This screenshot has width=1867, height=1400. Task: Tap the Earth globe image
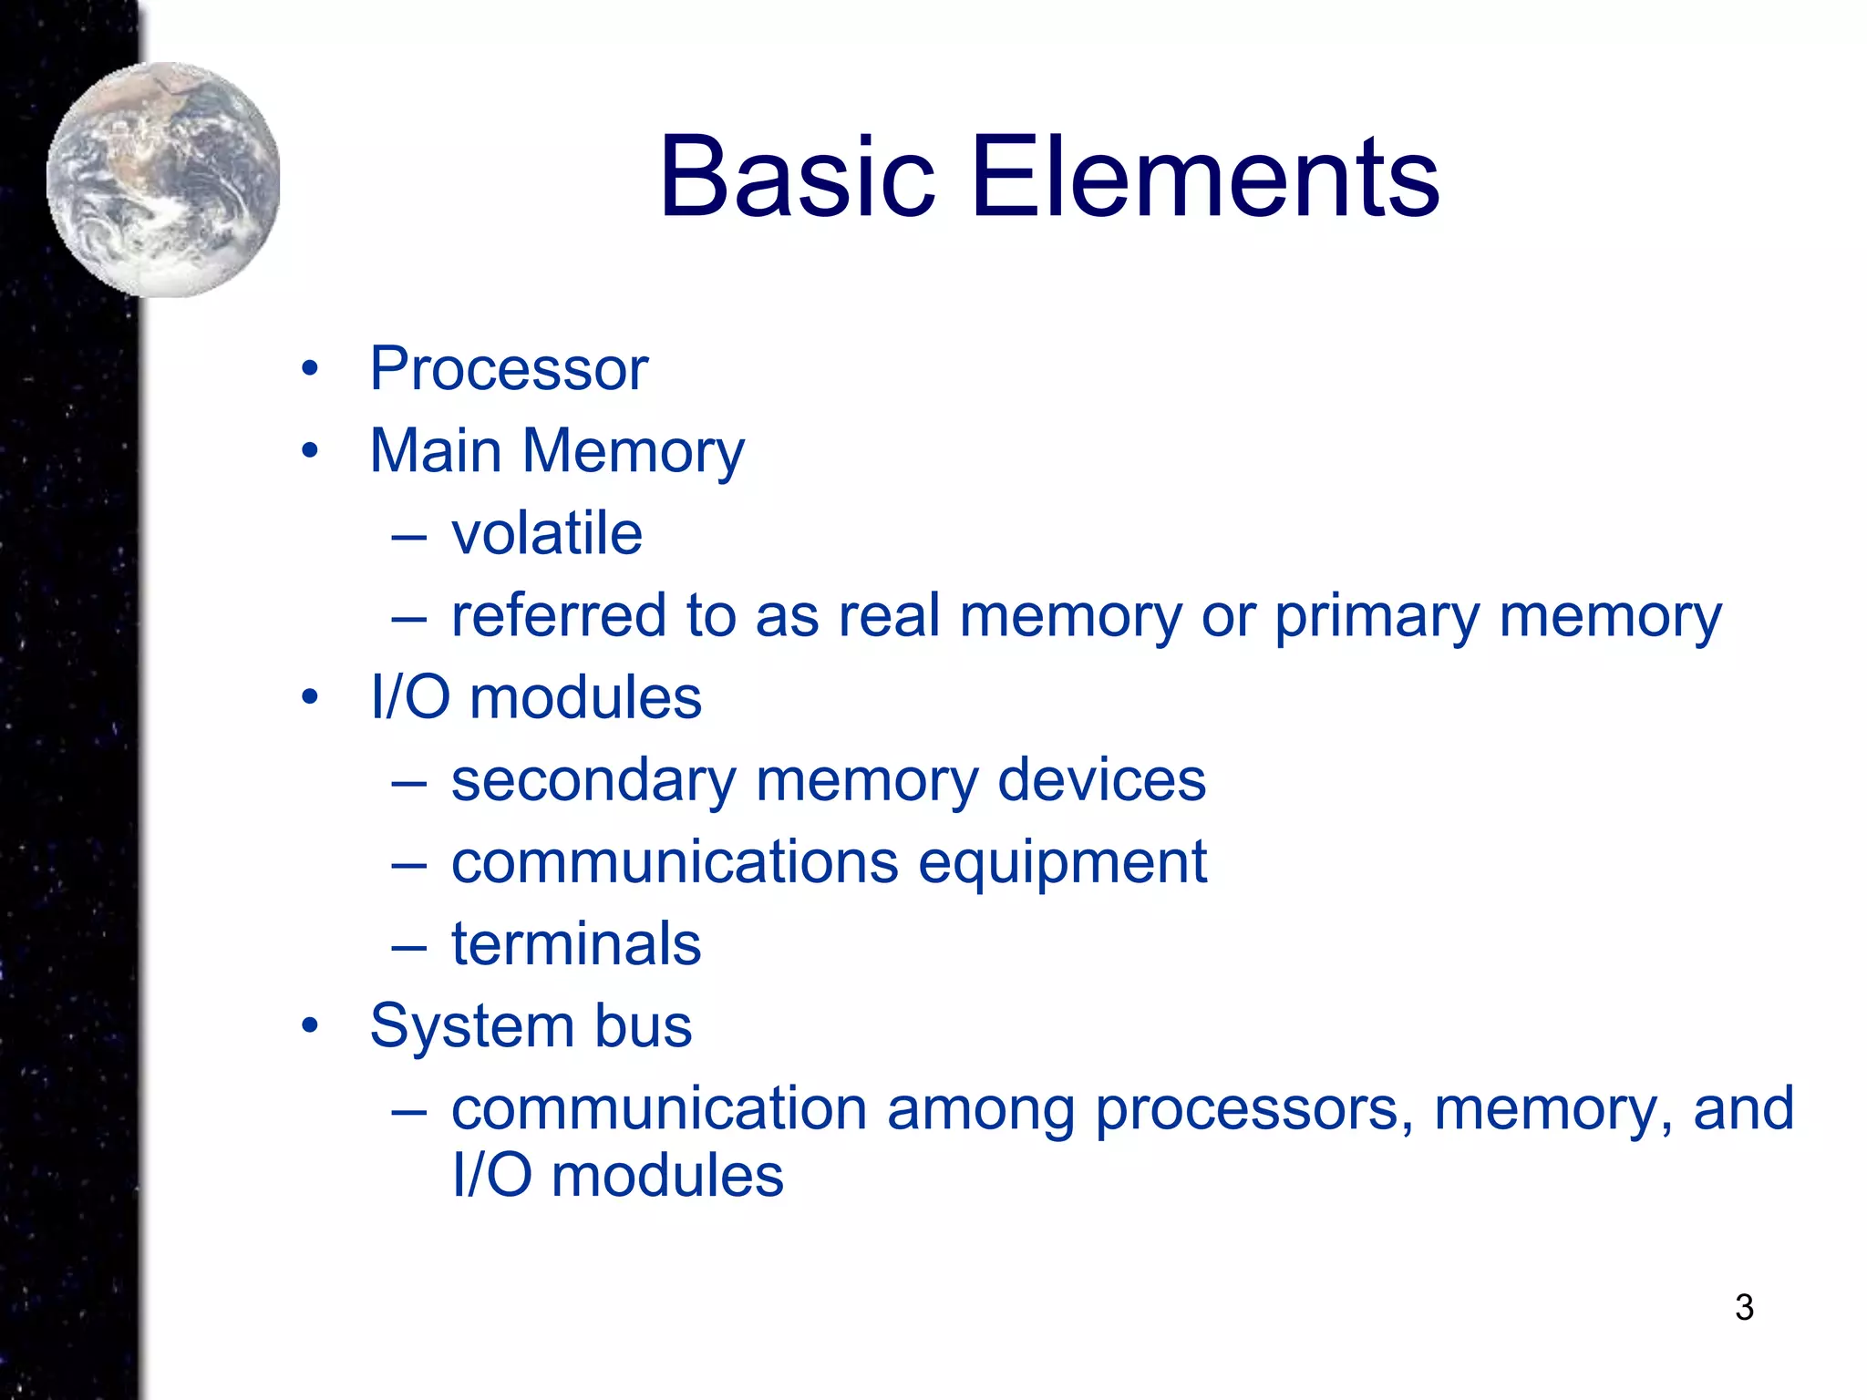click(163, 180)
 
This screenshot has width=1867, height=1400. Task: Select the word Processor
click(509, 369)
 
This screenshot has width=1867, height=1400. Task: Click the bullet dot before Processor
click(310, 369)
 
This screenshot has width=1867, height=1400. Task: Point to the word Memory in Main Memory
click(633, 452)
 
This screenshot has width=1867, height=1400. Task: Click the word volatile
click(547, 533)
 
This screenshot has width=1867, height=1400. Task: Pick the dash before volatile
click(409, 538)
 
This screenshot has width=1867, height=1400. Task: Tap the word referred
click(559, 615)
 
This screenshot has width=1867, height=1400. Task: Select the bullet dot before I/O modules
click(310, 698)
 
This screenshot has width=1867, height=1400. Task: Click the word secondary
click(593, 781)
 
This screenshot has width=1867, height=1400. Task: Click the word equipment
click(1062, 863)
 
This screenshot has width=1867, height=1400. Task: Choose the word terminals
click(576, 944)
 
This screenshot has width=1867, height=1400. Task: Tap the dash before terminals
click(409, 949)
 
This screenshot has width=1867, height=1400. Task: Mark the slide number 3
click(1744, 1307)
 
